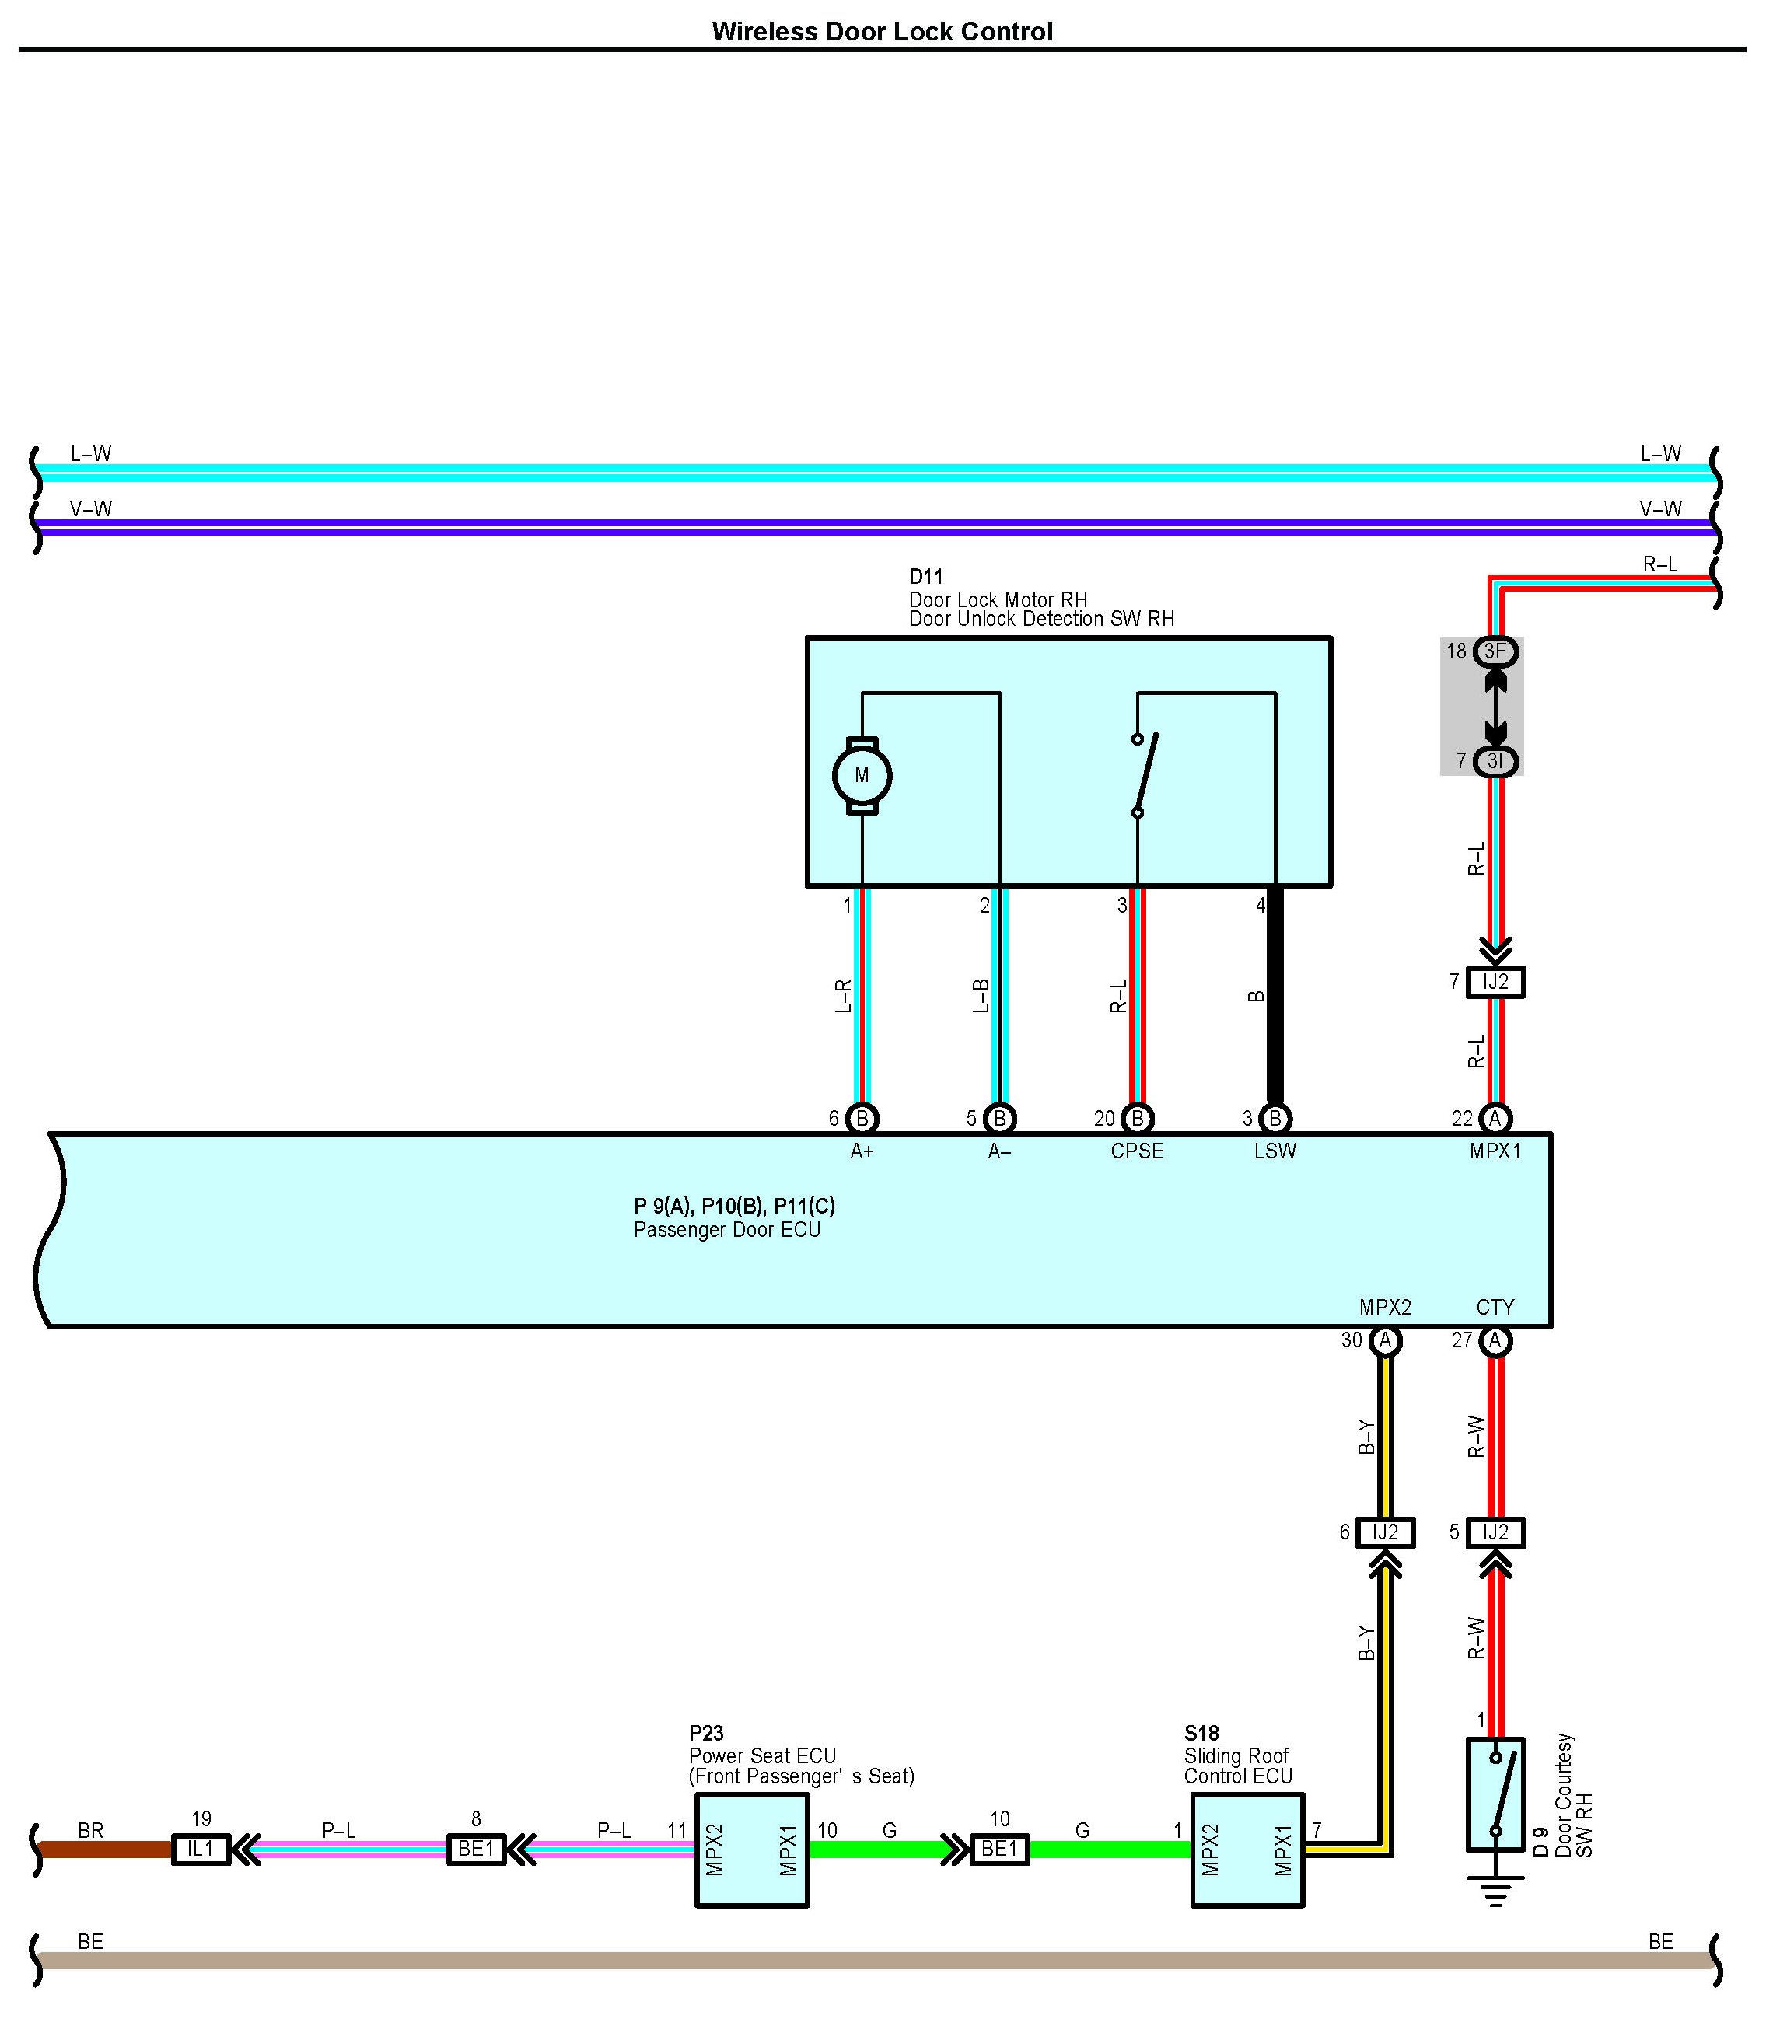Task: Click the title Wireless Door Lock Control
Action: pos(882,32)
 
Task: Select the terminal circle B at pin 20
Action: pos(1138,1118)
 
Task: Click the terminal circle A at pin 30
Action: pos(1385,1340)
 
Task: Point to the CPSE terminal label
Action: pos(1137,1151)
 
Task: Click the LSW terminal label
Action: pos(1275,1151)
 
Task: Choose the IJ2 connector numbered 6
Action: pos(1385,1532)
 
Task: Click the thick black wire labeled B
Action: pos(1275,999)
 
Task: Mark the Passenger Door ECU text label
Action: pos(727,1230)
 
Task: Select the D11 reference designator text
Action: pos(926,576)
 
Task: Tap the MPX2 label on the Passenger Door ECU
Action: pos(1385,1307)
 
